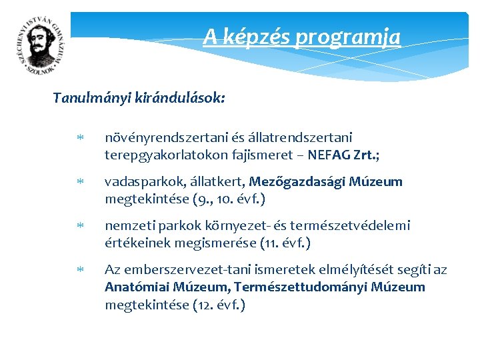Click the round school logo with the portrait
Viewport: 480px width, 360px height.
41,46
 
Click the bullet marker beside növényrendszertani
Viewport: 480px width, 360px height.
79,138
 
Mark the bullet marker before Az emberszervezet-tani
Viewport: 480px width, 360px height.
79,270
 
